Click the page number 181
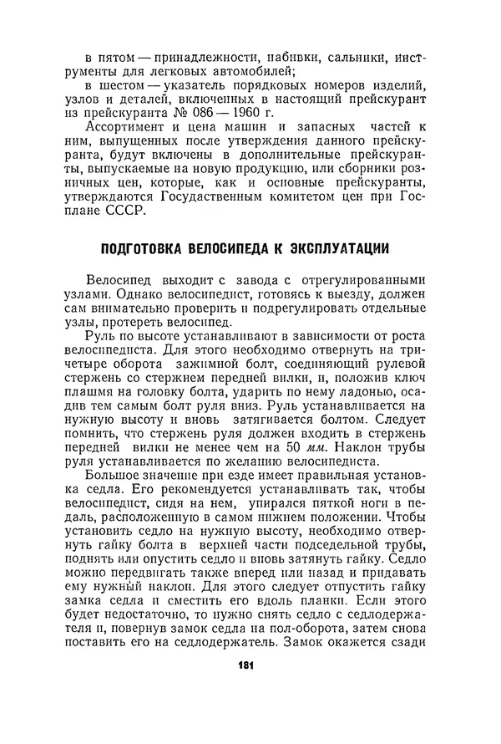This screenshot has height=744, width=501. (245, 665)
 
